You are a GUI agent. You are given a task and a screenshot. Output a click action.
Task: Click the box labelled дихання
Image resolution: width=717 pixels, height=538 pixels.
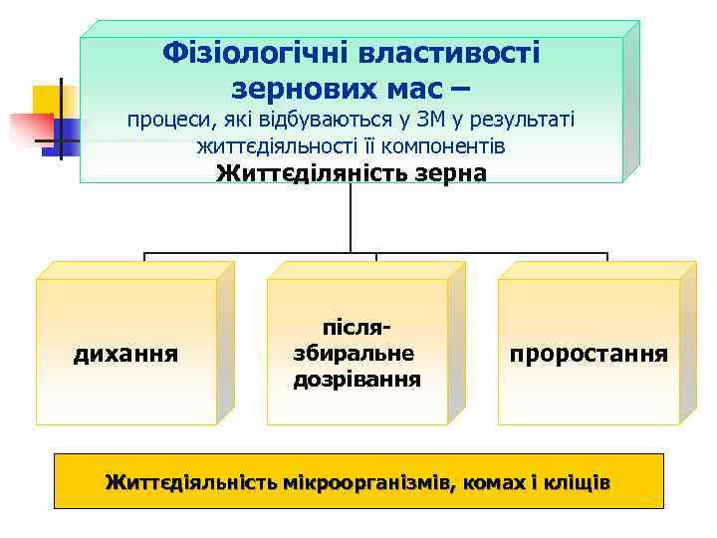tap(126, 352)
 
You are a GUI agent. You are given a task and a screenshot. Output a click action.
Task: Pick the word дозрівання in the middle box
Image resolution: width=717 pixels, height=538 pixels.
tap(358, 380)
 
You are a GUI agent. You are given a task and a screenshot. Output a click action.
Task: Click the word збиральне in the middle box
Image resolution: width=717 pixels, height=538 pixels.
tap(354, 354)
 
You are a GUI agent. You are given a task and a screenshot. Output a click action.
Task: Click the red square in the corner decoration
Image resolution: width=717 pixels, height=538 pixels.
tap(30, 127)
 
